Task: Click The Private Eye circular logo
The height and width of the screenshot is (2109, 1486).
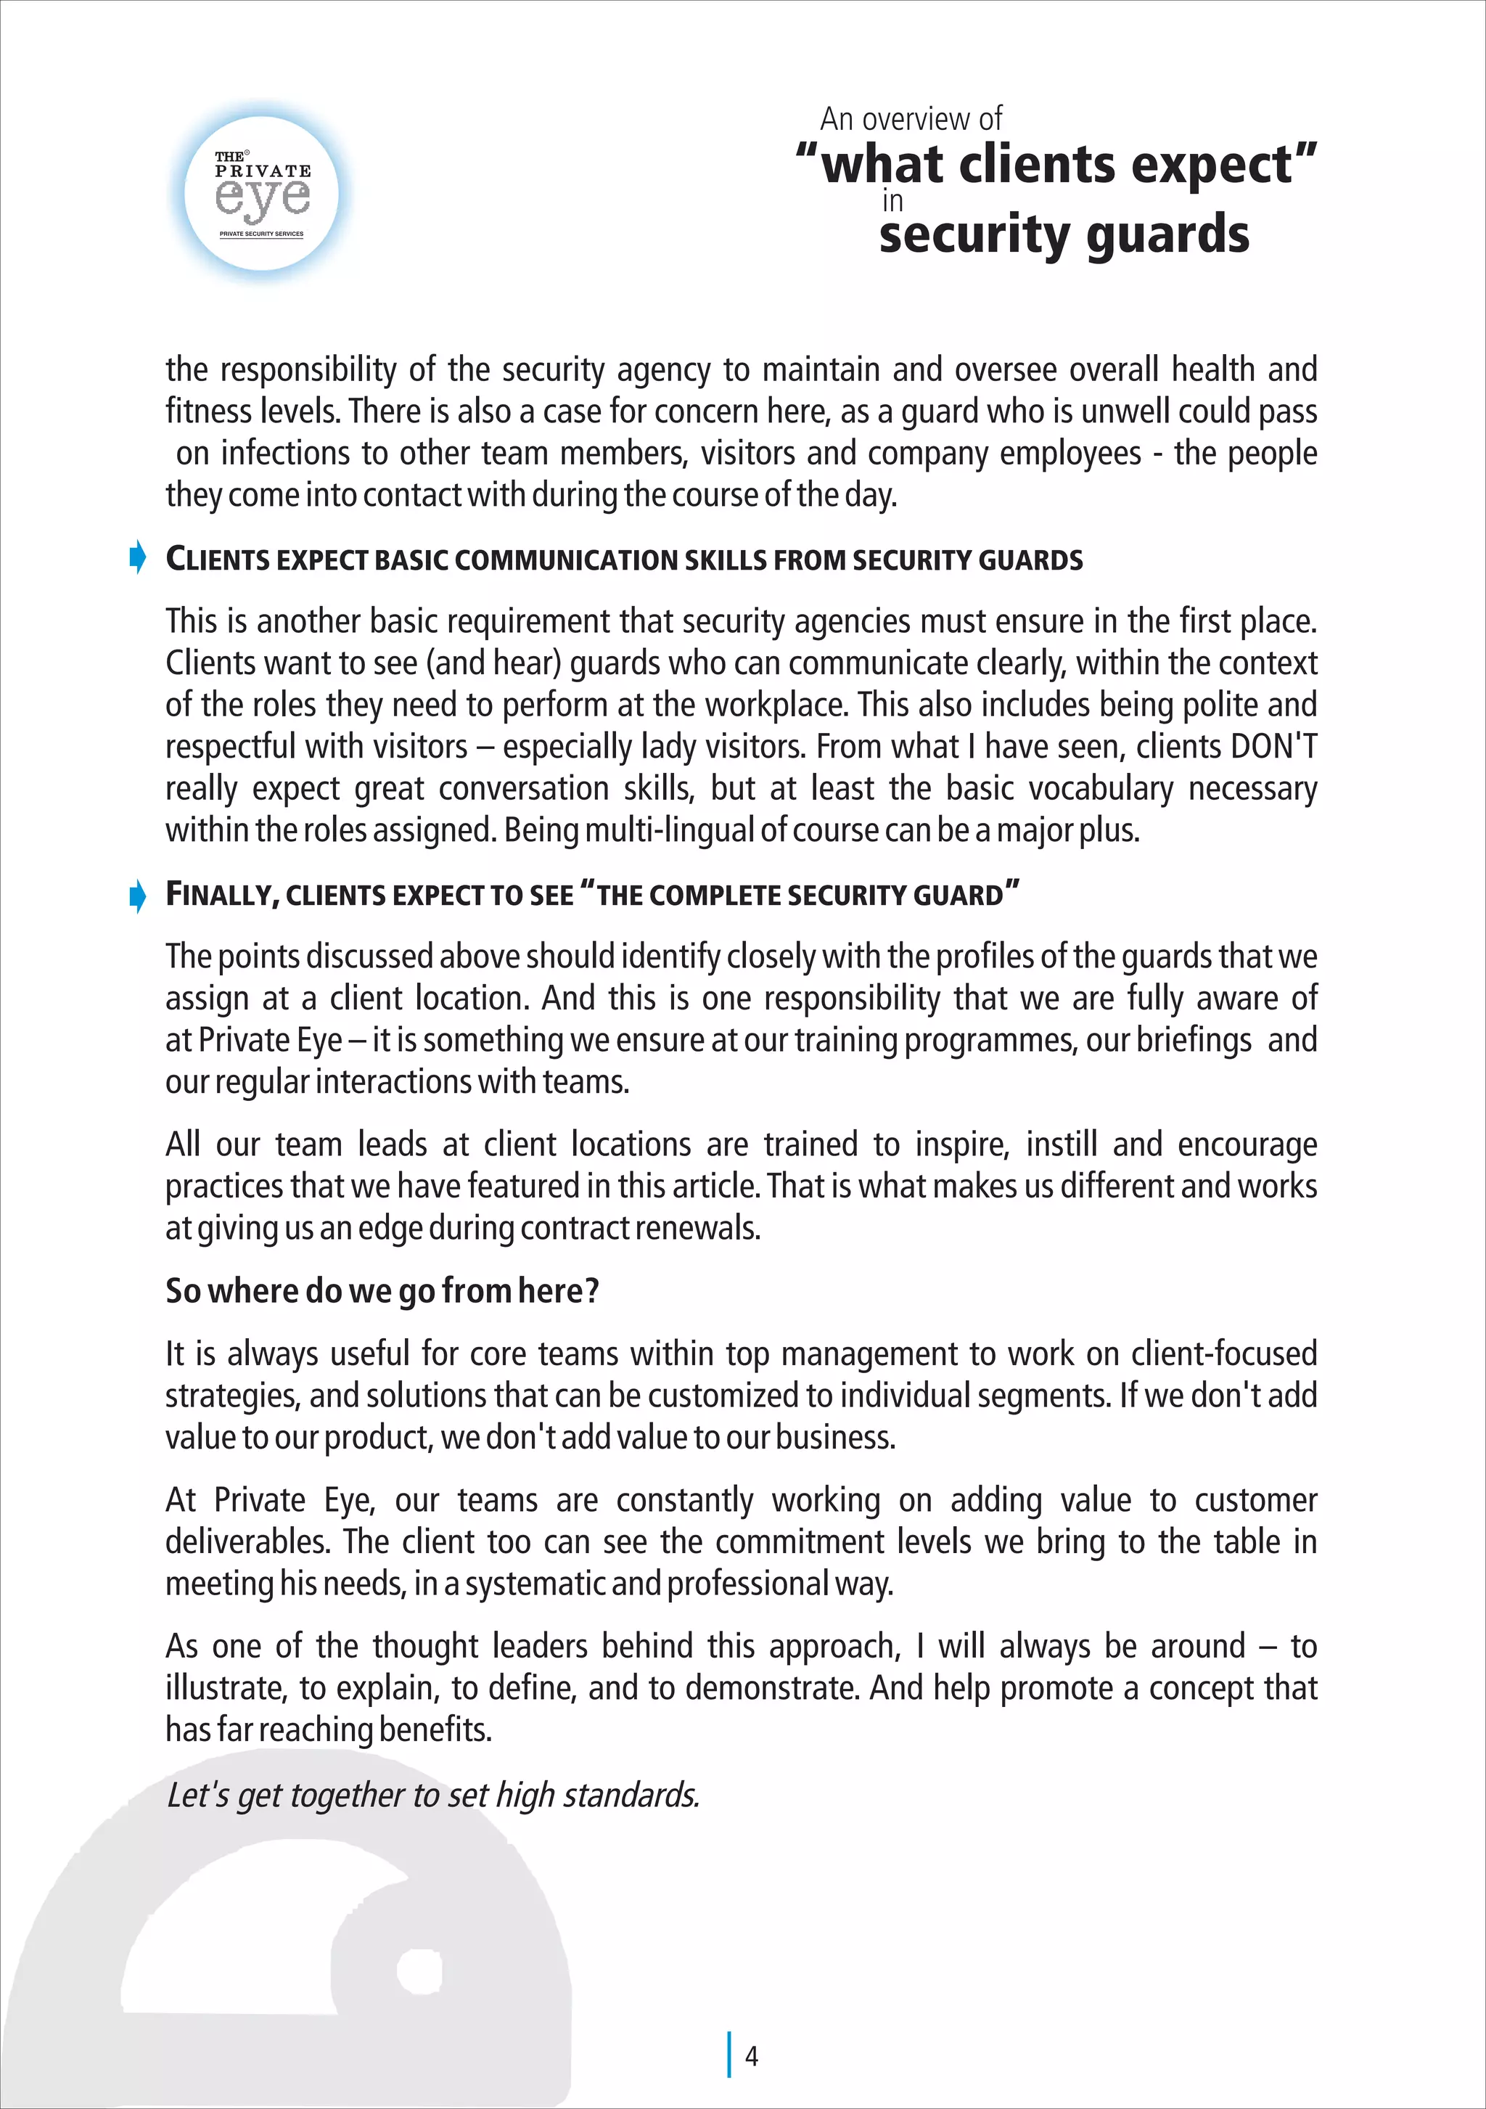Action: point(262,193)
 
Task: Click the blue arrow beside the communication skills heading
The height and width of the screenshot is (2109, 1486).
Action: point(138,557)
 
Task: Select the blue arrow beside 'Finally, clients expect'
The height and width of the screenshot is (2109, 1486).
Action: point(138,896)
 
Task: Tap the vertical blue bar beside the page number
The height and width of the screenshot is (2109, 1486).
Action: point(730,2054)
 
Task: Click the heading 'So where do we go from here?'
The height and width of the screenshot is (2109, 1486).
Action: point(382,1290)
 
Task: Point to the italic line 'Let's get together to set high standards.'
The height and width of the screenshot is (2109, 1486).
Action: point(432,1795)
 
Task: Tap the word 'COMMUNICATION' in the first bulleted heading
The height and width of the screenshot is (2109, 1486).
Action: point(535,560)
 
